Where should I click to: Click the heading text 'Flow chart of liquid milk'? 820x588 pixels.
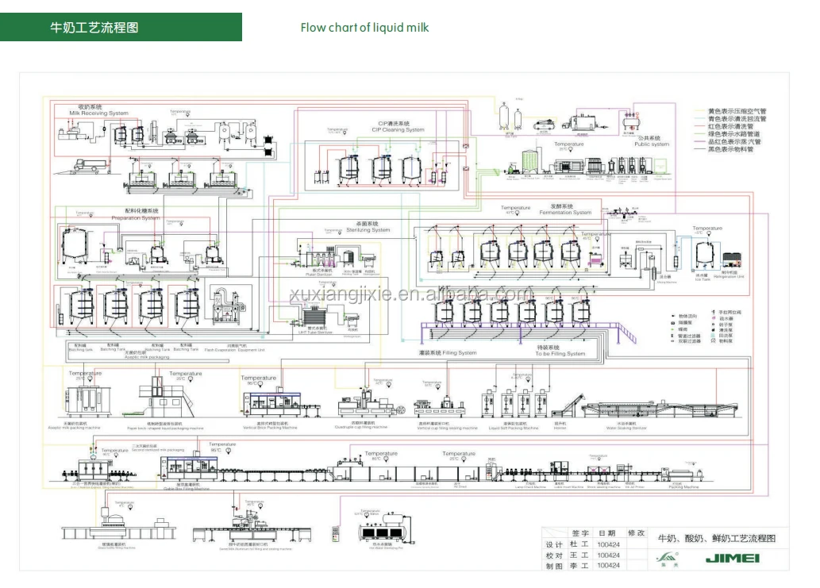(x=364, y=28)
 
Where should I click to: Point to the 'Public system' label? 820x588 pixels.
(x=651, y=144)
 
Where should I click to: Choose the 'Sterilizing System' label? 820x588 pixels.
(x=368, y=230)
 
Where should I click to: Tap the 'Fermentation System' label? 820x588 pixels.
(x=565, y=213)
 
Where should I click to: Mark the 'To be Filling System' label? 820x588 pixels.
(x=560, y=354)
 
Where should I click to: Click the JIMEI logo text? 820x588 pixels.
(x=732, y=559)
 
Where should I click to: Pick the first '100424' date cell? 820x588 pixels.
(x=609, y=545)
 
